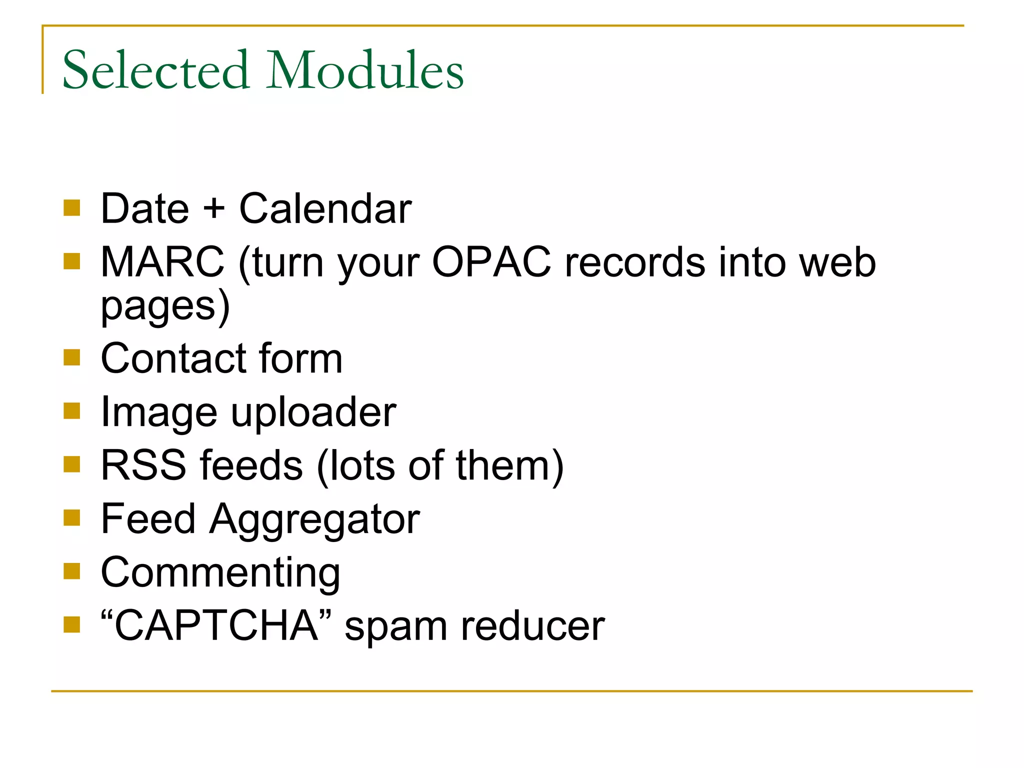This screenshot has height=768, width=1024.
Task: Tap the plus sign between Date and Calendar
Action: (214, 208)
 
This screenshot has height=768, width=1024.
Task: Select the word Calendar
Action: (325, 208)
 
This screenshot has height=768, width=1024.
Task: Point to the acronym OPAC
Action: (491, 262)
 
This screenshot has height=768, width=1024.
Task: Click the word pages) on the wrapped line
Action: (165, 306)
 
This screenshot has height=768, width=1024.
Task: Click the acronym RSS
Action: (143, 465)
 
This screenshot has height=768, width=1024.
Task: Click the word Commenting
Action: (220, 572)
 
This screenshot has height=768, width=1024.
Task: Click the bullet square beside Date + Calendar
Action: (72, 207)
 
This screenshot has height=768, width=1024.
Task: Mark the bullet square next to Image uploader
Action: (72, 411)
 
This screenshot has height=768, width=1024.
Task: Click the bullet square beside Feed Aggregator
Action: (72, 518)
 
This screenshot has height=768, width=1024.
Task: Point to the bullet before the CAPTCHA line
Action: (72, 624)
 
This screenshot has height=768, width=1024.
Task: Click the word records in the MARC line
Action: (634, 262)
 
